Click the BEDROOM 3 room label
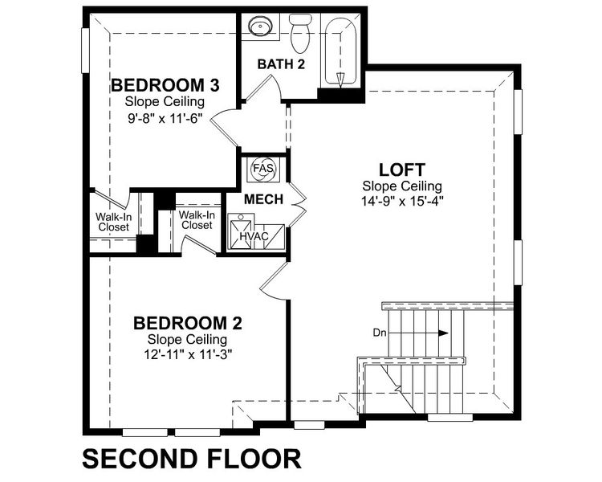(x=165, y=85)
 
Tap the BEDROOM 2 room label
(x=188, y=323)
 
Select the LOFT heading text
(x=401, y=170)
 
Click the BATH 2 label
(x=280, y=64)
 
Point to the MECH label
(x=264, y=199)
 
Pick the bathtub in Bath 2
(x=341, y=52)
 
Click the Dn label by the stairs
(x=380, y=332)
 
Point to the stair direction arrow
(x=433, y=332)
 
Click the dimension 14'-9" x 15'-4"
(x=401, y=201)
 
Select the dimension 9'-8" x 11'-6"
(x=165, y=116)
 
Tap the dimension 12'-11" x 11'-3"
(x=188, y=353)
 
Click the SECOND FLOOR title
(x=192, y=459)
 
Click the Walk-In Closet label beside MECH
(x=196, y=220)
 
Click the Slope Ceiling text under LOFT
(x=401, y=186)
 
